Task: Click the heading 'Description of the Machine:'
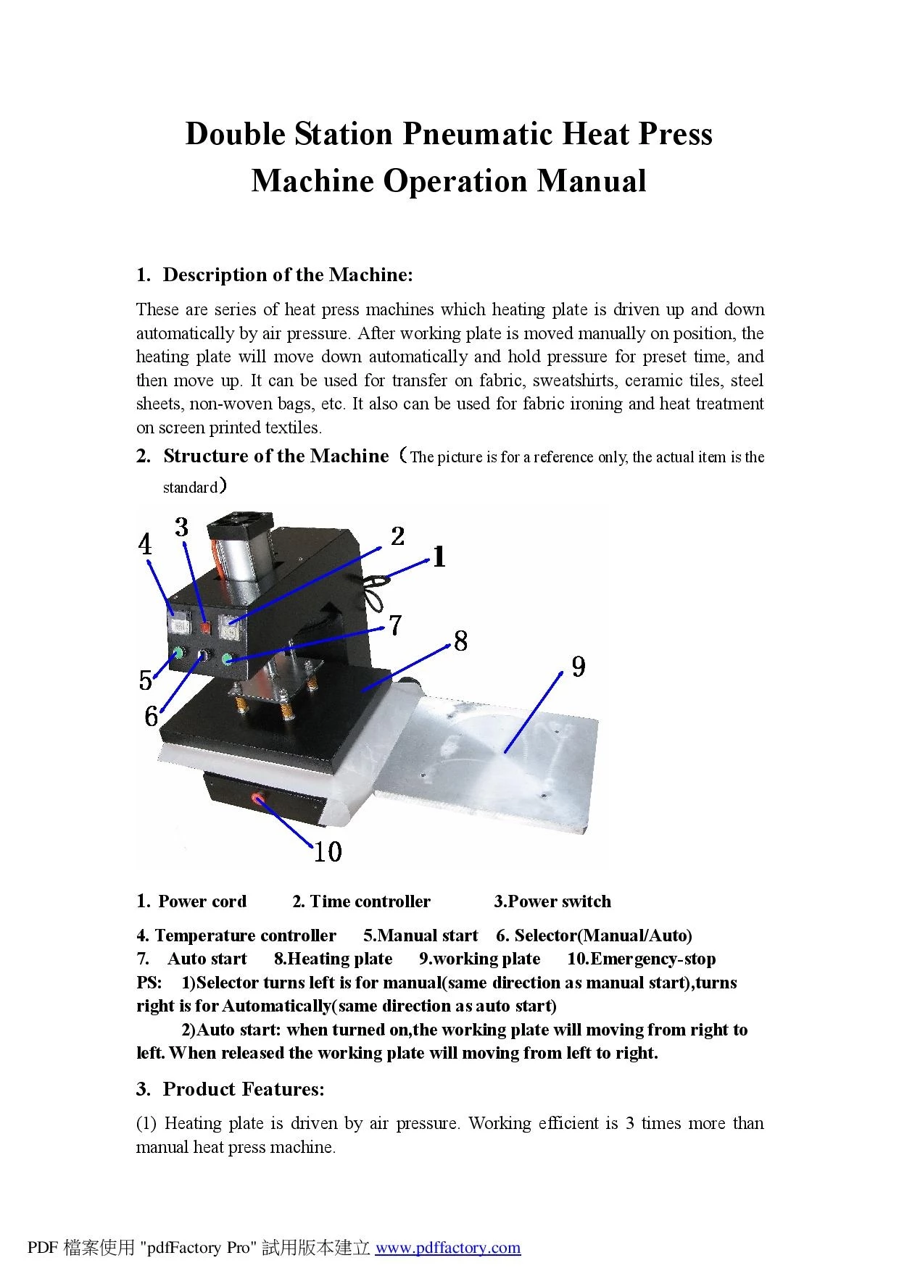(288, 275)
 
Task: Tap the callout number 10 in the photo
(328, 851)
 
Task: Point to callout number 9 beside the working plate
(578, 666)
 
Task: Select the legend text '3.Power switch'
(552, 901)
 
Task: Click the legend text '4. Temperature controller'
(236, 935)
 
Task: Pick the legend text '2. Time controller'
(361, 901)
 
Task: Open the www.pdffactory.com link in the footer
(448, 1247)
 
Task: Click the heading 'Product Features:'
(244, 1089)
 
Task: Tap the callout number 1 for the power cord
(439, 557)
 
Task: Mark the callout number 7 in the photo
(395, 625)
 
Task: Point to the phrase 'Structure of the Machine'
(276, 456)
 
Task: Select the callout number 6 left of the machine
(151, 716)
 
